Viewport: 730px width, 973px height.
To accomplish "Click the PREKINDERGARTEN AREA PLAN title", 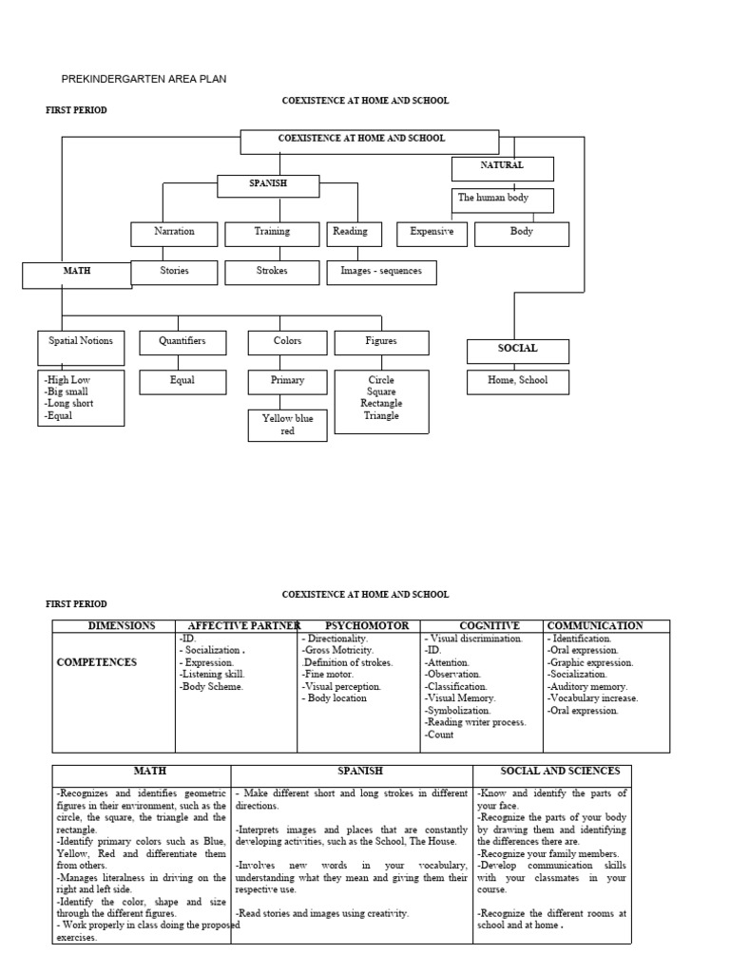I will point(144,79).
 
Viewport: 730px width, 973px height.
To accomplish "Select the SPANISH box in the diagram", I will point(268,184).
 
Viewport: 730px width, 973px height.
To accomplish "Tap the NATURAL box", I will point(502,167).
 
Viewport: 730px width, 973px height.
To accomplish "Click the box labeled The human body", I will point(502,199).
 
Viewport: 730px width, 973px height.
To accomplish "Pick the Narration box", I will point(174,233).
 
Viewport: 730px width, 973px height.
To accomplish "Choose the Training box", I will point(272,233).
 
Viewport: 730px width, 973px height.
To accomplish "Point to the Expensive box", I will point(432,233).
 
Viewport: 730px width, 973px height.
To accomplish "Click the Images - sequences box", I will point(381,272).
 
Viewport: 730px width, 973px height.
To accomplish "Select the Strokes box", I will point(272,272).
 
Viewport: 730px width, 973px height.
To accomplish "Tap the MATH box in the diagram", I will point(75,274).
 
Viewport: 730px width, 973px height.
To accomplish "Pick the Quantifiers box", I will point(182,342).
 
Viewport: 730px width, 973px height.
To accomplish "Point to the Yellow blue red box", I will point(287,425).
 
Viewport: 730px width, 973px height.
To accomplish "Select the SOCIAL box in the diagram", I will point(518,350).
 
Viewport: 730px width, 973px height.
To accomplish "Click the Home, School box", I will point(518,382).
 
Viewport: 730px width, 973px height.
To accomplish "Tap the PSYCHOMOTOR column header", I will point(367,626).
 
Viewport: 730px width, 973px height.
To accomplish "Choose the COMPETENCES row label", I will point(96,661).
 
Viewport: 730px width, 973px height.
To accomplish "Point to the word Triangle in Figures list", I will point(381,416).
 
